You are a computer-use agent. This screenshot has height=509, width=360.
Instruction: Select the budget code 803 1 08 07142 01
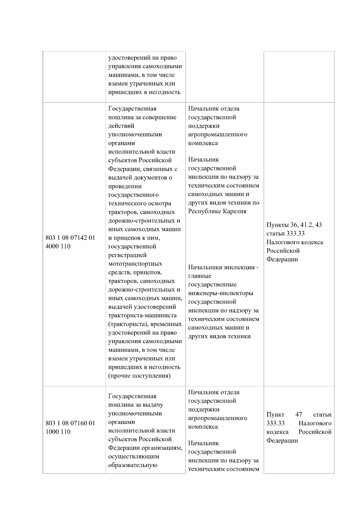(x=70, y=238)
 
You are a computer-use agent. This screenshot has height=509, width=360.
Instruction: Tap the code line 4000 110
(x=58, y=246)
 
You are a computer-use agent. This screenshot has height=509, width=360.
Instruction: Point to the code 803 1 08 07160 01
(x=70, y=423)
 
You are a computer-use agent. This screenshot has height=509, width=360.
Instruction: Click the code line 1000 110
(x=58, y=432)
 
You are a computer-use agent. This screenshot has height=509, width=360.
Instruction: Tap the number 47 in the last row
(x=298, y=415)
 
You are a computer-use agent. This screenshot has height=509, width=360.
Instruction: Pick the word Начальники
(x=205, y=267)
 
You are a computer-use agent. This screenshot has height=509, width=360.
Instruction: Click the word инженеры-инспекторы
(x=220, y=293)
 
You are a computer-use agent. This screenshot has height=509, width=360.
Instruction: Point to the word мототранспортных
(x=135, y=264)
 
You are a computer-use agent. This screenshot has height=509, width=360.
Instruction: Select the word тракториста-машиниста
(x=142, y=315)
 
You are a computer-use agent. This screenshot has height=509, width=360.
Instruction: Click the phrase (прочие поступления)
(x=139, y=376)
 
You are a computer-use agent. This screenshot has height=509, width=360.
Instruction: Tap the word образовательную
(x=133, y=465)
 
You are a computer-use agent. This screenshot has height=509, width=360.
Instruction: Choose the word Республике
(x=205, y=211)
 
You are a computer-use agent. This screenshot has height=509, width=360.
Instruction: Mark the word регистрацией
(x=127, y=255)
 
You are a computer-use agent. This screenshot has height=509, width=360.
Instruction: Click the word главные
(x=199, y=276)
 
